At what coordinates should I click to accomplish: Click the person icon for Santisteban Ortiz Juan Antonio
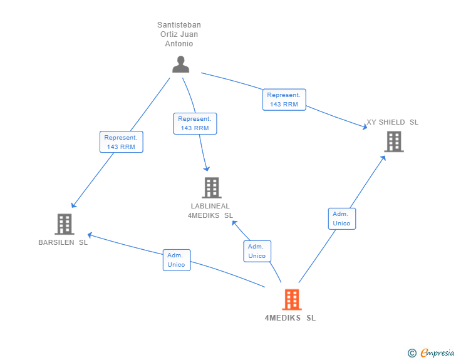point(180,64)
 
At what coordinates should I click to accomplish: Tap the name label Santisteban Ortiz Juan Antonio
point(179,34)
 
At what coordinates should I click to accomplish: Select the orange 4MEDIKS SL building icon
point(291,300)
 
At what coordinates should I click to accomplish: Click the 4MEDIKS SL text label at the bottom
point(290,318)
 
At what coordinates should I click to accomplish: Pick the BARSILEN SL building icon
point(64,224)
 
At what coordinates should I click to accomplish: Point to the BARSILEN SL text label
point(63,242)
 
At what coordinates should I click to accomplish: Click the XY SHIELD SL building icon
point(393,141)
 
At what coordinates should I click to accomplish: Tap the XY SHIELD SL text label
point(392,123)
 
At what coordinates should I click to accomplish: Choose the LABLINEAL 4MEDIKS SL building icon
point(212,188)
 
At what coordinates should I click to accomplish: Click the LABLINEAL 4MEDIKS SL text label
point(210,211)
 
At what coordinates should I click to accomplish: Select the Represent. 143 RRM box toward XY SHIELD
point(284,100)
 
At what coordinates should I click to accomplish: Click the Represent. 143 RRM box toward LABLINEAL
point(195,123)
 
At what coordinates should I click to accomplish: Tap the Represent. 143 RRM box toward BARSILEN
point(121,142)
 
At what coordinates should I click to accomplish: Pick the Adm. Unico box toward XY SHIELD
point(341,219)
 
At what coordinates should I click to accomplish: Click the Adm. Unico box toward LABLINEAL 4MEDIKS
point(257,251)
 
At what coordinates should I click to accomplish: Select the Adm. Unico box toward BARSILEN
point(176,260)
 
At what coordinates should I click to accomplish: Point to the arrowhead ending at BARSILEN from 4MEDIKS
point(89,235)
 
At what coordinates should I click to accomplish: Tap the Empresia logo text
point(437,353)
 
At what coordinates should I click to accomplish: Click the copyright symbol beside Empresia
point(412,353)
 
